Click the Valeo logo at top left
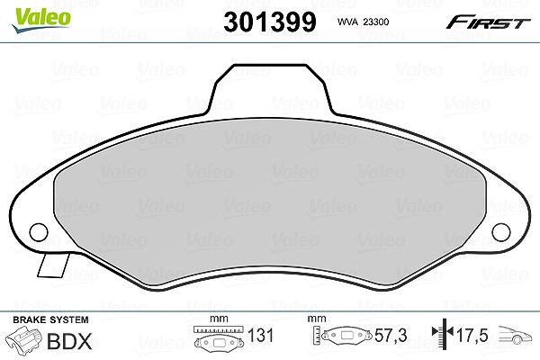click(x=41, y=21)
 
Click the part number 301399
click(x=270, y=22)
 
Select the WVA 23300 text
click(x=363, y=22)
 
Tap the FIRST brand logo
click(x=488, y=22)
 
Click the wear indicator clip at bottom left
click(x=53, y=265)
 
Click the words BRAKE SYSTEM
click(x=50, y=319)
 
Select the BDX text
click(x=69, y=341)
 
